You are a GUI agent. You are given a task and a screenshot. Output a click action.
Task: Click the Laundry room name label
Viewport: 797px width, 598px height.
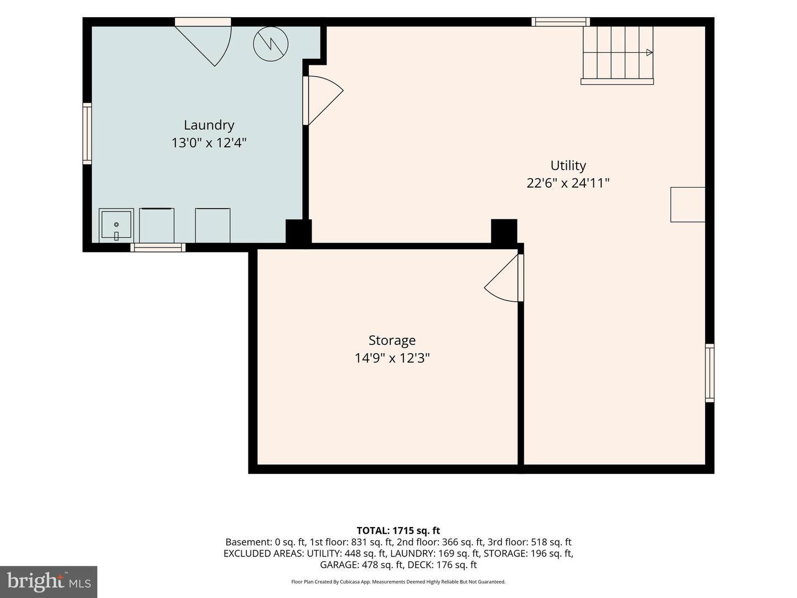[209, 126]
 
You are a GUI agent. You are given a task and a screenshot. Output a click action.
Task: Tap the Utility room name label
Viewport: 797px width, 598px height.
[568, 166]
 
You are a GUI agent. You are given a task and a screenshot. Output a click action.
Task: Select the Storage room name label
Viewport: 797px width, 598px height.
[392, 341]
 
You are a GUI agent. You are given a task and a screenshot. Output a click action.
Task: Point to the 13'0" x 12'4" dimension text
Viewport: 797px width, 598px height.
[209, 143]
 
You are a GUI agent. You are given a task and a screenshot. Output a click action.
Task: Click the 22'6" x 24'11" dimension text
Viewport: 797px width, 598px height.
[568, 183]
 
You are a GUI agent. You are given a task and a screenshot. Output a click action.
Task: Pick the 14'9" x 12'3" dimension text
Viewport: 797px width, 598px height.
[392, 358]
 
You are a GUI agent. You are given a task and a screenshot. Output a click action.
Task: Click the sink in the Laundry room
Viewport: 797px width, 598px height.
[116, 225]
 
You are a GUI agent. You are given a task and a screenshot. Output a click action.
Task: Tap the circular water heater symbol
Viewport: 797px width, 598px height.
[271, 44]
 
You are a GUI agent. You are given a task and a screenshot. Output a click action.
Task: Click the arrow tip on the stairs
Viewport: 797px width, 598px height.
[652, 53]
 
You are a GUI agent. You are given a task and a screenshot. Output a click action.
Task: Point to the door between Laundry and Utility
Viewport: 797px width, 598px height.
[323, 101]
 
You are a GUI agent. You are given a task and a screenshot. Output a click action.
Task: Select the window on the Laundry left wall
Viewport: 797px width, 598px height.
[87, 133]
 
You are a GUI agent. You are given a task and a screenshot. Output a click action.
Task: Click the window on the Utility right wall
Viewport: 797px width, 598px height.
[710, 373]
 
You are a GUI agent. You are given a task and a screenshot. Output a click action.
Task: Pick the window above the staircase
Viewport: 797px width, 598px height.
[561, 22]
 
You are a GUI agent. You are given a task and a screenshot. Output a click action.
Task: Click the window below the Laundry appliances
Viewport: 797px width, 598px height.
[158, 248]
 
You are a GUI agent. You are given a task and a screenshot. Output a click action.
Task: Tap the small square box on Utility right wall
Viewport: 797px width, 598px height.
[688, 204]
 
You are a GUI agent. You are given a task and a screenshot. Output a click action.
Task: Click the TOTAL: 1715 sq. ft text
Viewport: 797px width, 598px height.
[398, 531]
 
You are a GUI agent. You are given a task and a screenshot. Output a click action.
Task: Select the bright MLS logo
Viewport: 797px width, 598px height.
[49, 581]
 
